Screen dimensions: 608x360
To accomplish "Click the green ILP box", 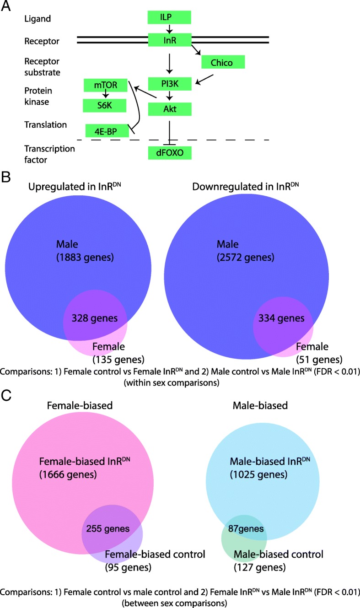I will pyautogui.click(x=169, y=17).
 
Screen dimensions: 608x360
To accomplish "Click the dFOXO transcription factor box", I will pyautogui.click(x=169, y=153).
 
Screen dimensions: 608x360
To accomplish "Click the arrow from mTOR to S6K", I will pyautogui.click(x=106, y=95).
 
